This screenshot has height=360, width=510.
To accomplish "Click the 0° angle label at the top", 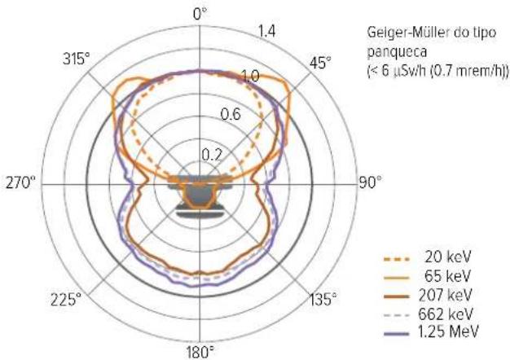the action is [x=200, y=15].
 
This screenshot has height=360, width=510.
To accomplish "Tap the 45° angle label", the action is [x=320, y=63].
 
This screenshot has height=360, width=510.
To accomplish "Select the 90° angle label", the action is [x=371, y=182].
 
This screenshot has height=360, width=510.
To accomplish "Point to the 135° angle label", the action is [x=323, y=299].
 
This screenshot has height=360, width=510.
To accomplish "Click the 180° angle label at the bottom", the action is [x=200, y=352].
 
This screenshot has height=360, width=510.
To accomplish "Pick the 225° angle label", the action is [x=66, y=299].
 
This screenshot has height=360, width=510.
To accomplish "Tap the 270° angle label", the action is [x=20, y=182].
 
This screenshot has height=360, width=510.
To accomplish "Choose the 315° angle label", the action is [x=76, y=59].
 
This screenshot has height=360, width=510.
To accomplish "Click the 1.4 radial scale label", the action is [x=266, y=32].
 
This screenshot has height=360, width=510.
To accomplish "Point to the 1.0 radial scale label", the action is [x=251, y=76].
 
